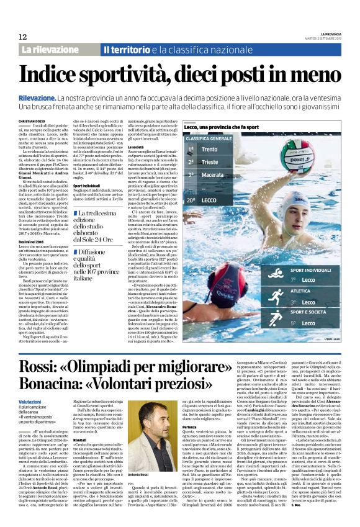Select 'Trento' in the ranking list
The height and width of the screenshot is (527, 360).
(210, 150)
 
